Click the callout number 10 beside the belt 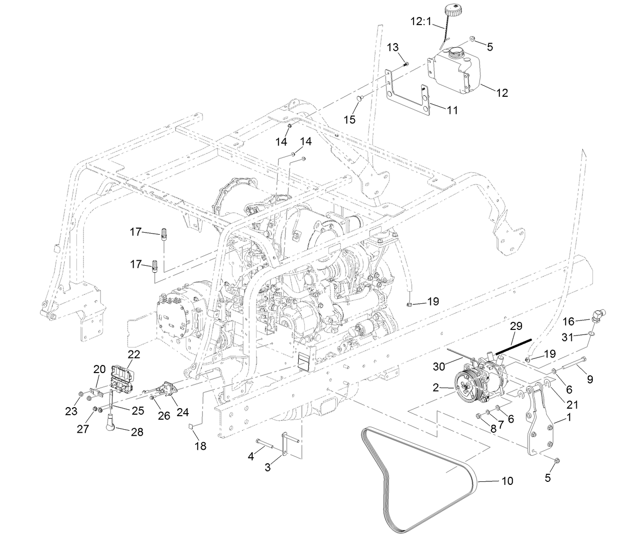pos(507,481)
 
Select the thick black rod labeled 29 pos(514,346)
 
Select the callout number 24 pos(183,412)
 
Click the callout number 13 pos(393,47)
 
